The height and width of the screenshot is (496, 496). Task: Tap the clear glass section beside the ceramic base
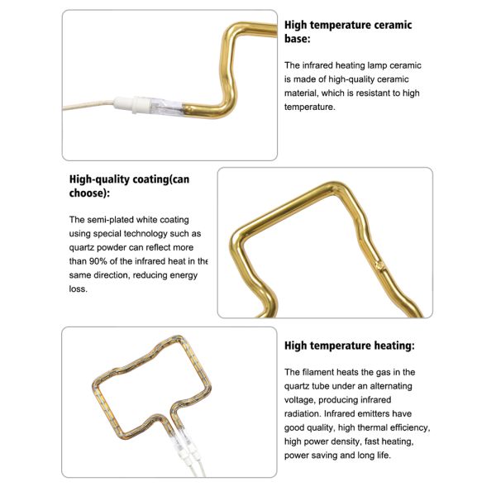click(166, 107)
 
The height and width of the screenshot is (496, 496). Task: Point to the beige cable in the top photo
click(88, 105)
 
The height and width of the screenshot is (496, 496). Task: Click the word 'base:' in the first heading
click(298, 39)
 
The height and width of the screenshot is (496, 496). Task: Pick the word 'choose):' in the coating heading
click(89, 193)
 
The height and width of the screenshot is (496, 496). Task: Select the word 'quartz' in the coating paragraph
click(82, 248)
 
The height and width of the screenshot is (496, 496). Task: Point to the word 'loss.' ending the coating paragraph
click(79, 289)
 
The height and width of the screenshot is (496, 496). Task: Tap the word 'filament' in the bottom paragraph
click(318, 372)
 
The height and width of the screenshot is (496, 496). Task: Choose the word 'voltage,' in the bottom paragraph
click(299, 400)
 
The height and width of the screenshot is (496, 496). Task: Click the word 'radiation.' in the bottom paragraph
click(303, 414)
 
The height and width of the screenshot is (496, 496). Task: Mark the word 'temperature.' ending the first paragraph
click(309, 107)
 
